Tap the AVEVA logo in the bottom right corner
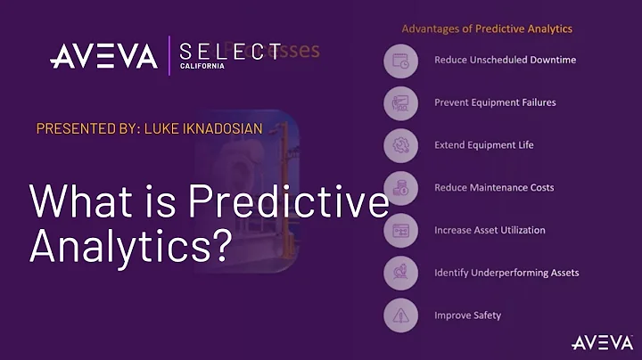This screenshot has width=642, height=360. click(x=602, y=342)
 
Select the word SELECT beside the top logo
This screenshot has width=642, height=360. click(x=230, y=52)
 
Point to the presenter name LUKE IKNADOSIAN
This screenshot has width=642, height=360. click(x=200, y=129)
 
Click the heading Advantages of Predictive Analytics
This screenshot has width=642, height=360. click(x=487, y=29)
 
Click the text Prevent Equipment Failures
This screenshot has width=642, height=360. click(x=495, y=102)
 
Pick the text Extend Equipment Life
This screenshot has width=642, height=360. click(x=484, y=144)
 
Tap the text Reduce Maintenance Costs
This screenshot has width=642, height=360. click(x=494, y=187)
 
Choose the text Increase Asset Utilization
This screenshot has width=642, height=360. click(x=490, y=230)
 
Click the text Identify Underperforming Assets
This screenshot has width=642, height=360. click(x=506, y=272)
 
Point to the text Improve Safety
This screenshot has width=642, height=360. click(x=467, y=315)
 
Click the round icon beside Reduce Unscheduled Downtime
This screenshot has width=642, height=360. click(x=401, y=61)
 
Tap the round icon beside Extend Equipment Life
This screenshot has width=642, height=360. click(x=401, y=145)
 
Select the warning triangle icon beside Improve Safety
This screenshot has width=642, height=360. click(x=401, y=315)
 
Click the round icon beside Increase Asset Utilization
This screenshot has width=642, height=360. click(x=401, y=230)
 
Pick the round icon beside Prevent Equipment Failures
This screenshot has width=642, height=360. click(x=401, y=102)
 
